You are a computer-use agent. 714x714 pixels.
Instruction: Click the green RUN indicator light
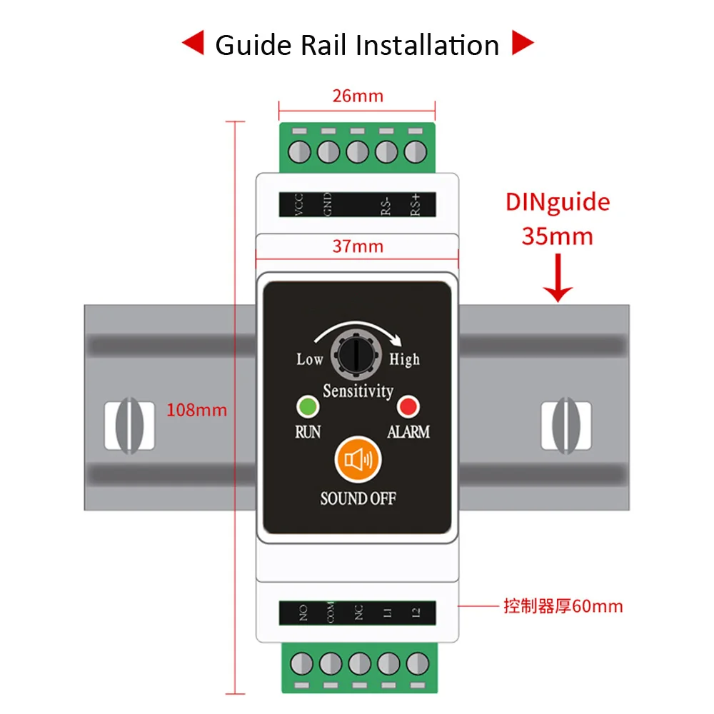[307, 407]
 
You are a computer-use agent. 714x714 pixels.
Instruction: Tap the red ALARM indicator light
[408, 407]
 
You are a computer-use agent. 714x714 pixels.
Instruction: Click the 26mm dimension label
[357, 96]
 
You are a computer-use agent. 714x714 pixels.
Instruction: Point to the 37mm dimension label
[357, 246]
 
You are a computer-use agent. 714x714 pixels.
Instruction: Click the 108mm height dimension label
[196, 410]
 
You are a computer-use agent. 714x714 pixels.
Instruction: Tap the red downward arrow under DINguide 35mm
[558, 283]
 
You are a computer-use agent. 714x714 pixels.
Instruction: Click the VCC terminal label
[300, 204]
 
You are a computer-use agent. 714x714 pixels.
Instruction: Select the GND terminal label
[328, 204]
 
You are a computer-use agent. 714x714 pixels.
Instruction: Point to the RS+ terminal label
[415, 204]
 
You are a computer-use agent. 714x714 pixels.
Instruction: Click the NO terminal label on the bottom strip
[303, 613]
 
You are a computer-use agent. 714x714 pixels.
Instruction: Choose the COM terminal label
[330, 613]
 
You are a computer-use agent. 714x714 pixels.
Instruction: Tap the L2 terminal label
[416, 613]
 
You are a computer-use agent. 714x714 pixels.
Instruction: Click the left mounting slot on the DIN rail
[129, 426]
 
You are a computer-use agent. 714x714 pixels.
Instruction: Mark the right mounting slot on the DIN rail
[565, 426]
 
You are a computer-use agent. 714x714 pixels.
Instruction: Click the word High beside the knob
[404, 359]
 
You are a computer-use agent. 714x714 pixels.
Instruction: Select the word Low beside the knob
[310, 359]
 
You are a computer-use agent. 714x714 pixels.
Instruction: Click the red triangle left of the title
[192, 45]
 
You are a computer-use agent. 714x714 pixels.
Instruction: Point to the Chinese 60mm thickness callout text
[563, 606]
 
